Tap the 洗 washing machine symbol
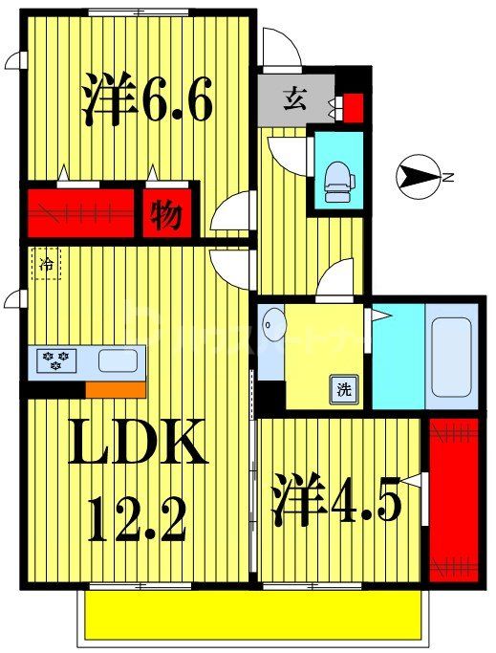341,388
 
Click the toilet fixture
338,179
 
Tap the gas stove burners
55,361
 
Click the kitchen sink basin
119,361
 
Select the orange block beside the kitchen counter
115,390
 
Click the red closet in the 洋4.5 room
453,499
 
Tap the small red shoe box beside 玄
353,108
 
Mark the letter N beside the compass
446,176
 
